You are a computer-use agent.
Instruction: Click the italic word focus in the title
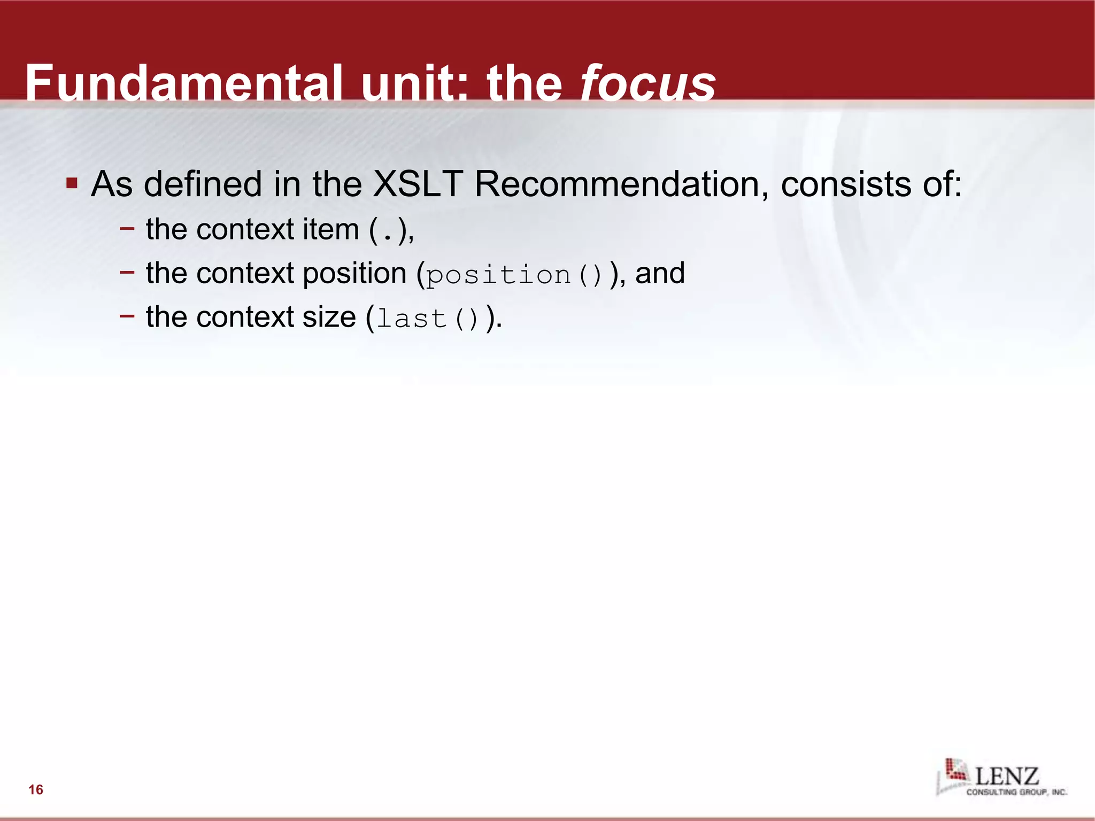[648, 84]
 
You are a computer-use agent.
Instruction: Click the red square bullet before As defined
[72, 184]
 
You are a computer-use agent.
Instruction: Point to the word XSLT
[417, 184]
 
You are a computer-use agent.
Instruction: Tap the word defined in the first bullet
[203, 184]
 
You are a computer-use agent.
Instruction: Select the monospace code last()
[427, 319]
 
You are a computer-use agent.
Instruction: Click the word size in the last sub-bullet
[329, 317]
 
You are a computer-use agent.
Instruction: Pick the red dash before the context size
[127, 316]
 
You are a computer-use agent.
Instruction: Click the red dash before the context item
[127, 228]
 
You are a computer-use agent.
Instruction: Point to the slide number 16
[36, 789]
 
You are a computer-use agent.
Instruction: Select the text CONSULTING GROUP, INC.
[1016, 792]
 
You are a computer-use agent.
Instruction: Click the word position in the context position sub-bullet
[354, 273]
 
